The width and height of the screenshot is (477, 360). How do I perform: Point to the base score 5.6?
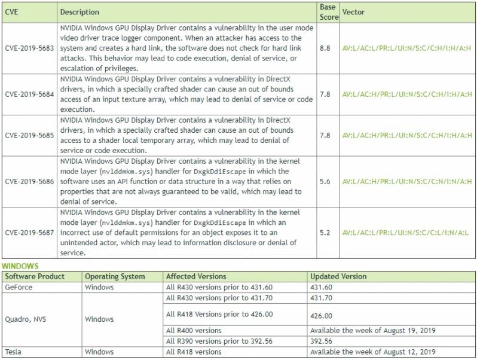pyautogui.click(x=326, y=181)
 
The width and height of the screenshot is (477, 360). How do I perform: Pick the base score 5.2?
pyautogui.click(x=326, y=233)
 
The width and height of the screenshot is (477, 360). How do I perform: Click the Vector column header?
pyautogui.click(x=353, y=12)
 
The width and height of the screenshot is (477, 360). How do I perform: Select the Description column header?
pyautogui.click(x=80, y=12)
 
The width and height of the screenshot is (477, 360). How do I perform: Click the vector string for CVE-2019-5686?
pyautogui.click(x=407, y=181)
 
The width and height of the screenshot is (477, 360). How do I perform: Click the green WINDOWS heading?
pyautogui.click(x=20, y=266)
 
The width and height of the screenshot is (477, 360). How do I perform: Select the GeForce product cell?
pyautogui.click(x=19, y=287)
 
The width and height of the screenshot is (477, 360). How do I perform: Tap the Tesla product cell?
pyautogui.click(x=14, y=352)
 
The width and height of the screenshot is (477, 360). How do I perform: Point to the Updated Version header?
pyautogui.click(x=338, y=277)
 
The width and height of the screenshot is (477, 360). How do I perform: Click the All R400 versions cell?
pyautogui.click(x=194, y=330)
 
